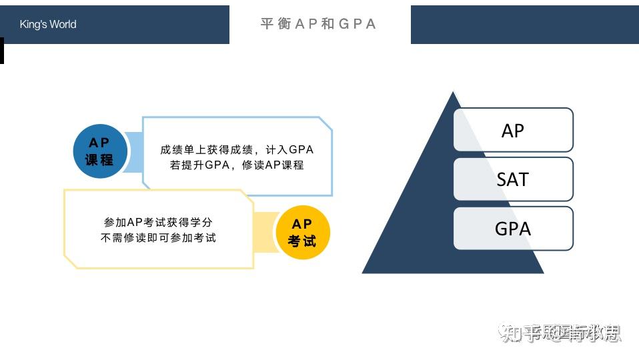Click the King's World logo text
click(48, 25)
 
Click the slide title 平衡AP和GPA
click(319, 24)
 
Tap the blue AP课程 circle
click(99, 151)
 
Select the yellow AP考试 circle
click(302, 233)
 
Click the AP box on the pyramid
click(513, 130)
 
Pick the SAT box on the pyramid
click(513, 179)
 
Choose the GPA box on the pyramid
click(513, 228)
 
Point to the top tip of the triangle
click(454, 94)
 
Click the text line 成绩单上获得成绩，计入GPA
click(237, 150)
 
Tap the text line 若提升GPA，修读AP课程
click(237, 165)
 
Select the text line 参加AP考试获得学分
click(158, 222)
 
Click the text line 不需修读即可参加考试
click(158, 237)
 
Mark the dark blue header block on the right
click(524, 25)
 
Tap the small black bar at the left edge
click(2, 51)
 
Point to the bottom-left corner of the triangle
click(364, 271)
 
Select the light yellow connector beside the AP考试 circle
click(265, 233)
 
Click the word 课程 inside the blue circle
click(99, 160)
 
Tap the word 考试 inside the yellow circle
click(302, 241)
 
